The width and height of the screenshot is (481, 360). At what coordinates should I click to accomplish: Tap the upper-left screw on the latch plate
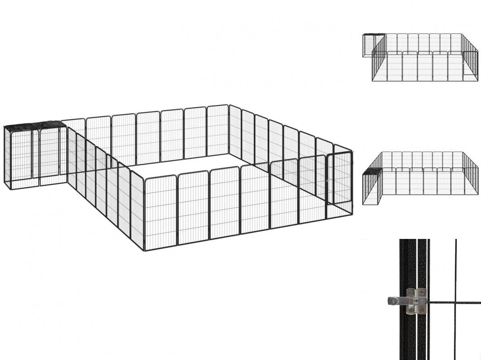point(411,293)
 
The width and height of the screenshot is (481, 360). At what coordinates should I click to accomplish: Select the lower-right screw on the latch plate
point(421,310)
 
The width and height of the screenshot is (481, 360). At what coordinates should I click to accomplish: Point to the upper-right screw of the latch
point(422,293)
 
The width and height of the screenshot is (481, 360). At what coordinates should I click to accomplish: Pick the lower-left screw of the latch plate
point(411,310)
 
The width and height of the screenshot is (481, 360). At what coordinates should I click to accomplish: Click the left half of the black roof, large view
point(21,126)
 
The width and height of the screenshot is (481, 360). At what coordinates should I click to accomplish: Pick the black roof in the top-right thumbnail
point(374,35)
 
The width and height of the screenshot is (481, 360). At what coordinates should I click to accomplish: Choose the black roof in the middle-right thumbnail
point(371,172)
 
